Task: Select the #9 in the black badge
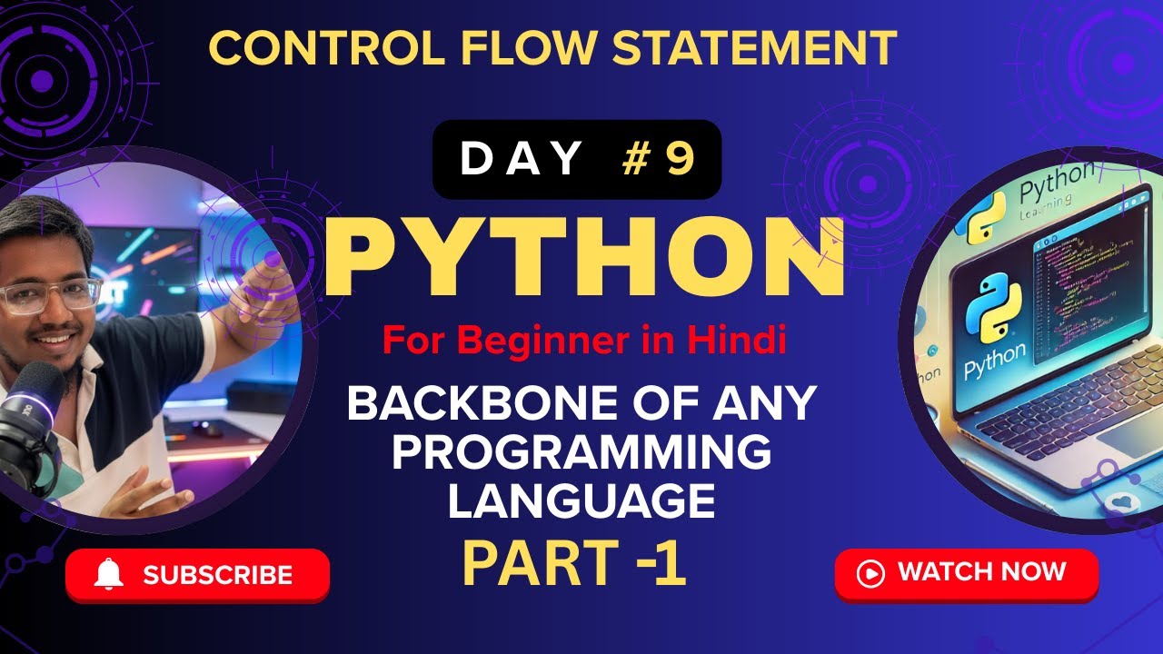[660, 159]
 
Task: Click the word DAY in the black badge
[521, 159]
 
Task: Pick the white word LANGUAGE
[581, 501]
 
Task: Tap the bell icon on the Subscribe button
[109, 574]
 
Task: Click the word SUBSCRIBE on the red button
[218, 575]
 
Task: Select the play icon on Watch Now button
[870, 573]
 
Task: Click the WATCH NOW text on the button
[981, 572]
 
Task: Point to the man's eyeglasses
[50, 296]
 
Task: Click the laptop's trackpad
[1136, 445]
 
